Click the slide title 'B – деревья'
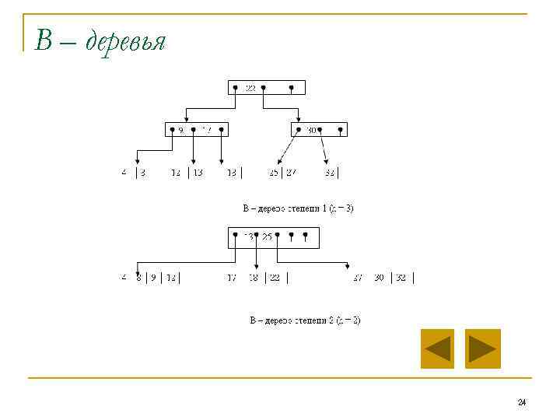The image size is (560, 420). (x=100, y=40)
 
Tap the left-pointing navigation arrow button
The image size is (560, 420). (x=437, y=348)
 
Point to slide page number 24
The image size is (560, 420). (x=521, y=402)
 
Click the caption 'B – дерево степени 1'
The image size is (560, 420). (x=298, y=208)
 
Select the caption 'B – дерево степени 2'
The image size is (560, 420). (x=304, y=320)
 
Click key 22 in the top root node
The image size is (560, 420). (x=250, y=88)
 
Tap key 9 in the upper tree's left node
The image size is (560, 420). (x=181, y=130)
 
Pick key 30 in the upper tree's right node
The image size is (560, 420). (x=311, y=130)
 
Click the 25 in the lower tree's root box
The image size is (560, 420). (x=267, y=236)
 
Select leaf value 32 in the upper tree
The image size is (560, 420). (x=330, y=173)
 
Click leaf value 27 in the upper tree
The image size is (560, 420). (x=291, y=173)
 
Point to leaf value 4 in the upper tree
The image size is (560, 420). (x=124, y=173)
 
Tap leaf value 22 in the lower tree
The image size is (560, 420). (x=275, y=278)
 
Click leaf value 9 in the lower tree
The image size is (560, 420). (x=153, y=278)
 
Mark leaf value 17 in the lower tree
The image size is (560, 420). (x=231, y=278)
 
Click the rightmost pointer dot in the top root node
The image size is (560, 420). (x=291, y=87)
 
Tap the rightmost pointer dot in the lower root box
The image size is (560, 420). (x=306, y=234)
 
